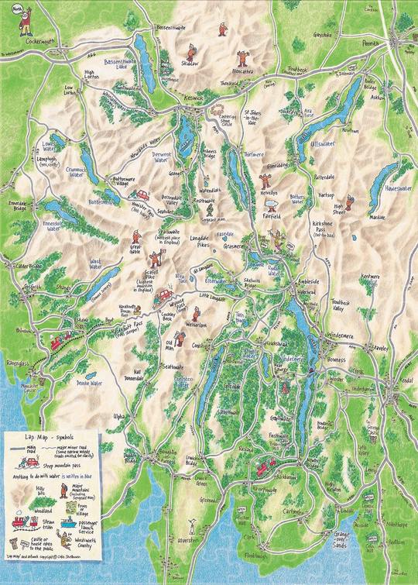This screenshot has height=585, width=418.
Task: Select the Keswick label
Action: click(x=194, y=98)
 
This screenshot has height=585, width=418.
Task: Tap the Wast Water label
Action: click(x=96, y=265)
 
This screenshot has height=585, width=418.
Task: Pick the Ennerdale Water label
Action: click(x=52, y=225)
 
